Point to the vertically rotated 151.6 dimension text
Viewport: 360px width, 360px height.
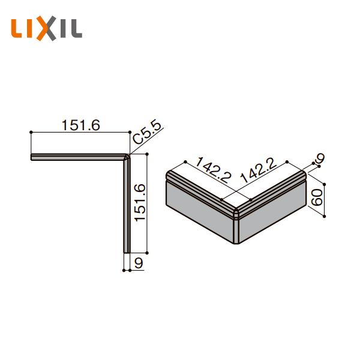point(139,202)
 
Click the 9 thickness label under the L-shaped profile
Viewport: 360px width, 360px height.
point(139,262)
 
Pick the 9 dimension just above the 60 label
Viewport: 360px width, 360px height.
point(320,158)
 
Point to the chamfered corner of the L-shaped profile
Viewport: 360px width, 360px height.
point(127,158)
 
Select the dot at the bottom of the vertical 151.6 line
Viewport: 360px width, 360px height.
point(147,253)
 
